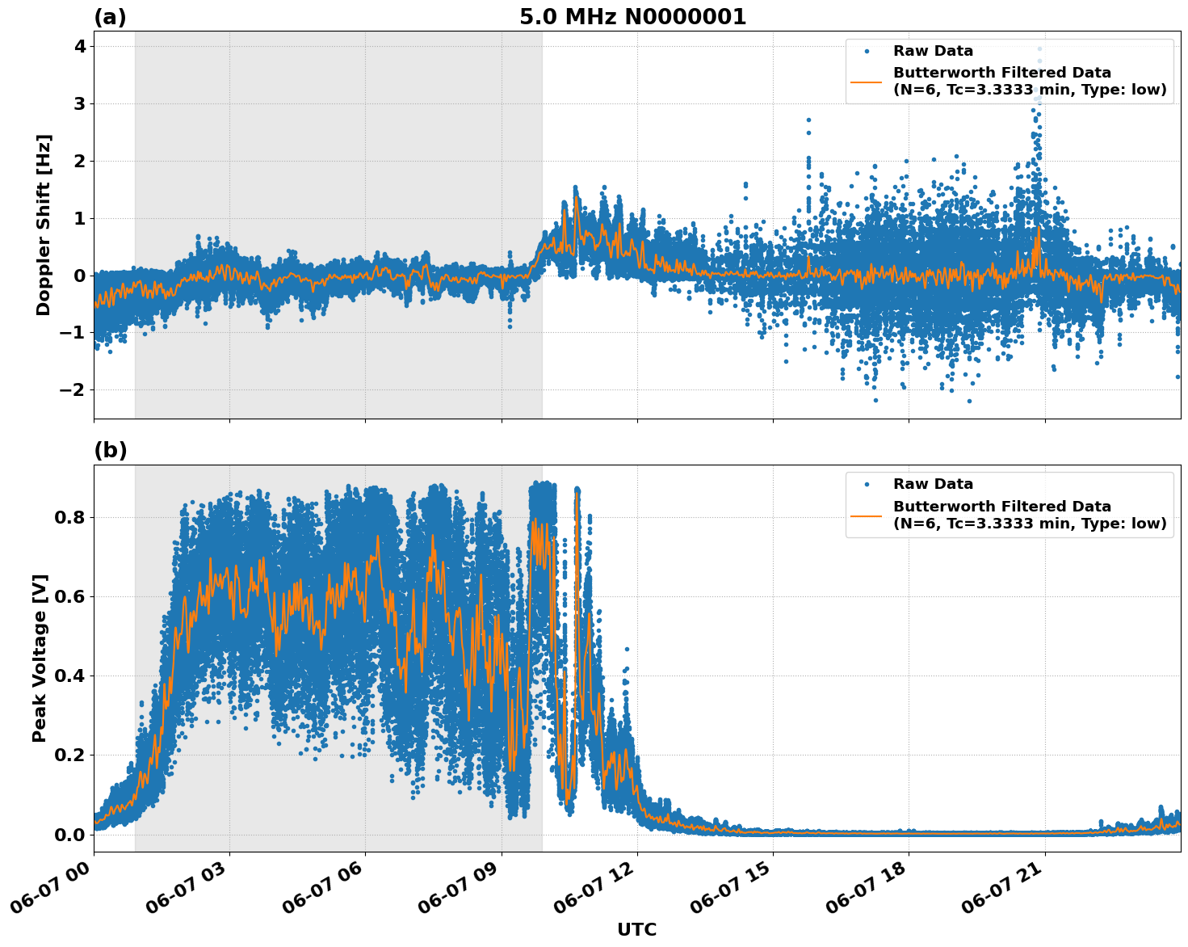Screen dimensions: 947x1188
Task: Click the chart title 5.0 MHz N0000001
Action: (632, 17)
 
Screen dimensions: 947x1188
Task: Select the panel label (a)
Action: (110, 17)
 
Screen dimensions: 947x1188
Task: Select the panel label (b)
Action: (110, 451)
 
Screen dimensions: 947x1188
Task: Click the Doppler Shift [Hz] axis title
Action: (44, 225)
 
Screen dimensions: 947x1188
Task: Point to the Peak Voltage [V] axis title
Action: (40, 658)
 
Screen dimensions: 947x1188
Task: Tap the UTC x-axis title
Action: (636, 930)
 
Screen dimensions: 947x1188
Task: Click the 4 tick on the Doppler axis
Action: (79, 47)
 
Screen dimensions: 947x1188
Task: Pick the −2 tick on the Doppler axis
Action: (74, 390)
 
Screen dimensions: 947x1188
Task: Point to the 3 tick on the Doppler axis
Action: (79, 104)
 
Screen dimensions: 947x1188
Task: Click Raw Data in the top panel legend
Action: (933, 51)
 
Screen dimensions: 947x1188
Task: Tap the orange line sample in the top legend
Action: (867, 81)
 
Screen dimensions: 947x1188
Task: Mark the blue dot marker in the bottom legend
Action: (867, 484)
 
